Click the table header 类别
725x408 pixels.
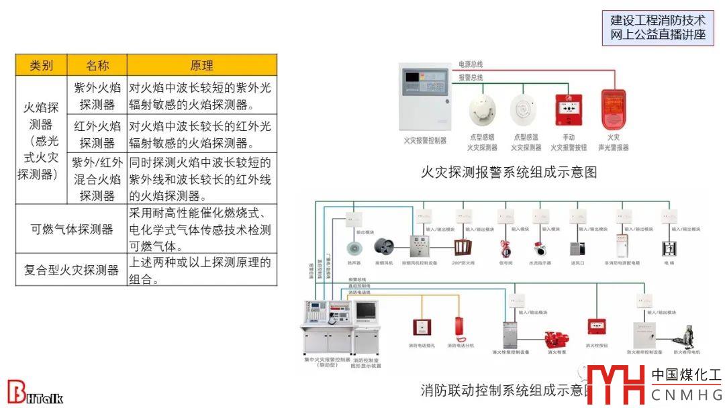pos(42,65)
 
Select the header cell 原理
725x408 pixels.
pos(201,65)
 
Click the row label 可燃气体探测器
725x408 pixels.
pos(72,229)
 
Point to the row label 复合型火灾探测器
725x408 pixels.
pos(72,270)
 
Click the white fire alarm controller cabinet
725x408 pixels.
pos(424,97)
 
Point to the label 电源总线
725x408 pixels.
pos(471,64)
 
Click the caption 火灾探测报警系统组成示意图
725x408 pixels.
pos(508,172)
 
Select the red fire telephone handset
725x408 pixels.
pos(461,329)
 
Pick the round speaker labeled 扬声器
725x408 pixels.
pos(353,248)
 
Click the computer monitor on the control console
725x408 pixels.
pos(367,313)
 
